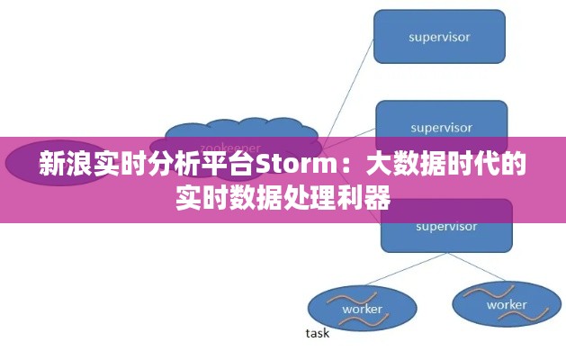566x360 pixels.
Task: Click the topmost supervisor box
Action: pos(439,37)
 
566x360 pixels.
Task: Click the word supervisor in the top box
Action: pos(439,37)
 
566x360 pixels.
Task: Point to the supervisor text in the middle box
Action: pos(441,127)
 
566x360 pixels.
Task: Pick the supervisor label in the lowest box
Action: pos(446,226)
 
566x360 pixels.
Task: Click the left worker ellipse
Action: pos(362,308)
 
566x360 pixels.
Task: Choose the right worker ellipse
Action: pos(507,303)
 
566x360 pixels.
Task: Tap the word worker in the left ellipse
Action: pos(362,310)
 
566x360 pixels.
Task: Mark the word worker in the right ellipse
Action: pos(507,305)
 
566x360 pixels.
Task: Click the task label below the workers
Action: pos(318,333)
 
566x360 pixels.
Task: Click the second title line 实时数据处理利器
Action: pos(283,196)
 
